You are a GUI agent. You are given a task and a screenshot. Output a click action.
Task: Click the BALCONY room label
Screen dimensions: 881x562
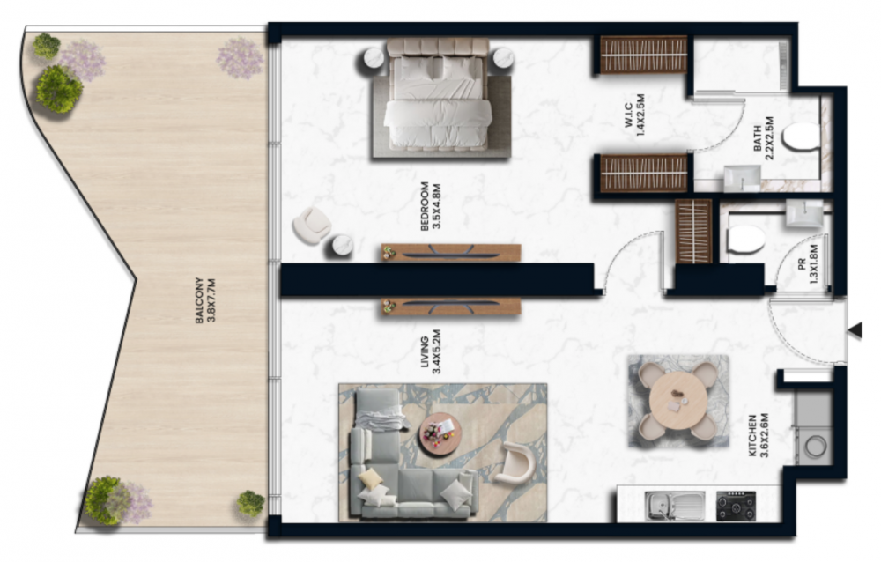205,300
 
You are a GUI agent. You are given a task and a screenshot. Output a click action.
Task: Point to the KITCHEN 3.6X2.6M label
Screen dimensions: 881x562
758,435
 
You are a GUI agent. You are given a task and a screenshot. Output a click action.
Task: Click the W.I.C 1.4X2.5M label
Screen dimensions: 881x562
633,115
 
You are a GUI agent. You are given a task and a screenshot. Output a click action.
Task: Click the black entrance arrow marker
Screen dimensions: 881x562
855,330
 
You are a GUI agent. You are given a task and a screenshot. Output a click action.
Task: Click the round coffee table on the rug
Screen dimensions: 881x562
440,434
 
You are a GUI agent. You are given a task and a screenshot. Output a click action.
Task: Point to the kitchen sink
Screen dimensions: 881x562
675,506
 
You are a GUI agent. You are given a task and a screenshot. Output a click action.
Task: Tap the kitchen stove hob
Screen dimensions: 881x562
736,506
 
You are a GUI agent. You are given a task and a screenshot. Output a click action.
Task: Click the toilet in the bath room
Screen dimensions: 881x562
801,137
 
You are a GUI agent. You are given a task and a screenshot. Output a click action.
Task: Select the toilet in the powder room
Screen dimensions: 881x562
745,240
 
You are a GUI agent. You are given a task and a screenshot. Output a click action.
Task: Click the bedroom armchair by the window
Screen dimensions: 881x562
312,226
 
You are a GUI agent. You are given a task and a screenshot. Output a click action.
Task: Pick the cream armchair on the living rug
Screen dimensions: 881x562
515,462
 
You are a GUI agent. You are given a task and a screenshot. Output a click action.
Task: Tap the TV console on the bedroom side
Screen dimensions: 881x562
451,252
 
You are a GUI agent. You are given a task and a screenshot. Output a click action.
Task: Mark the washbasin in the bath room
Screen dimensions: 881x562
741,179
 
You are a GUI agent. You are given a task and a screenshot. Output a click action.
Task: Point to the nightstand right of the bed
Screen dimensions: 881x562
503,57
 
